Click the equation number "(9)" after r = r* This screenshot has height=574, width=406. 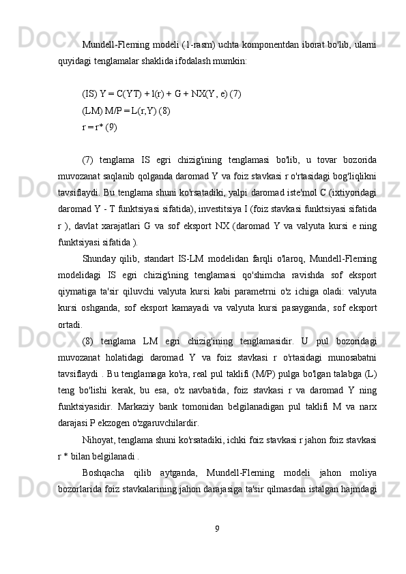(112, 125)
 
